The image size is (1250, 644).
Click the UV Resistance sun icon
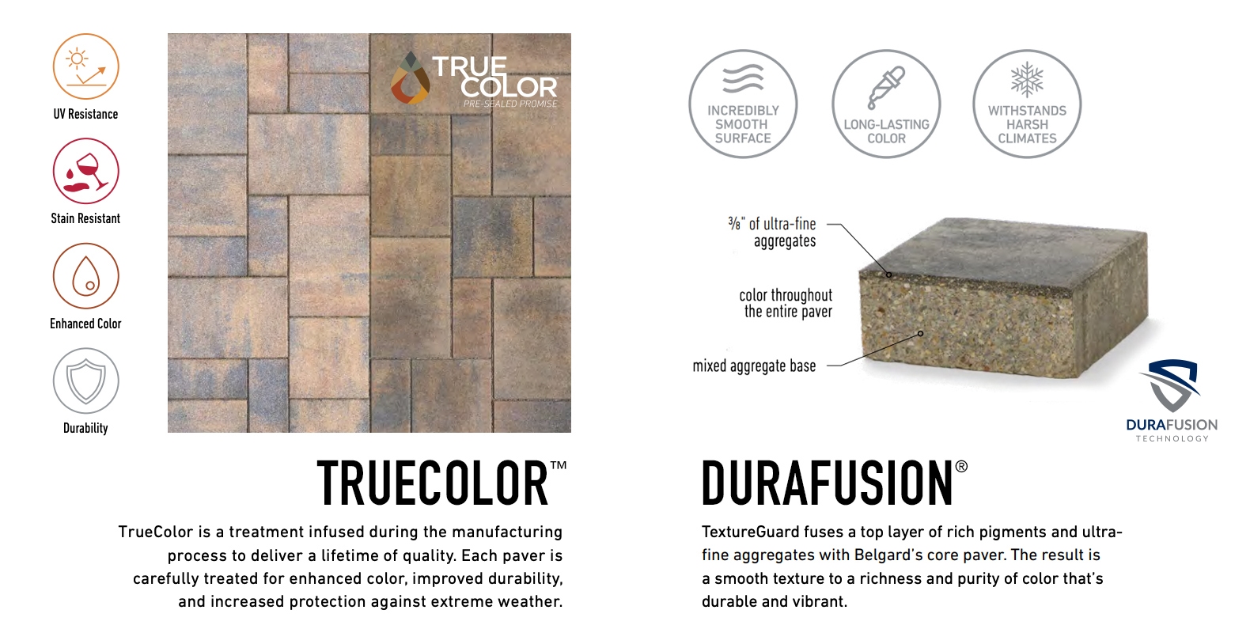(x=86, y=66)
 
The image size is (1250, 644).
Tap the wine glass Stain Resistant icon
(x=86, y=172)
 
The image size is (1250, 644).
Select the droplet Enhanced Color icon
(x=86, y=275)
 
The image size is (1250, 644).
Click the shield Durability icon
(x=86, y=381)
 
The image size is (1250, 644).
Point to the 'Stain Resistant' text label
(x=85, y=218)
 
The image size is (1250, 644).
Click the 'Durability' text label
(x=85, y=428)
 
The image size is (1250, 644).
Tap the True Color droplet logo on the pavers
(x=410, y=78)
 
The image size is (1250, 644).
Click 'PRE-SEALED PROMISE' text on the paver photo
(x=510, y=104)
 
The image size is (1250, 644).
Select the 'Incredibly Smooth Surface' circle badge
(x=743, y=104)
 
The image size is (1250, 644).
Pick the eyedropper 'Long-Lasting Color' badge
(x=886, y=104)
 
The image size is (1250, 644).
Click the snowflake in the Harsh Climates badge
(x=1027, y=80)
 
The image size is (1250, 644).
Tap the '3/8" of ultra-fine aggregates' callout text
(x=772, y=232)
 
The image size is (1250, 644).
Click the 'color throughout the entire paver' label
(x=786, y=303)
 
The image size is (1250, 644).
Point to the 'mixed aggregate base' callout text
(x=754, y=366)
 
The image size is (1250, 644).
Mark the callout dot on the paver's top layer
(x=889, y=275)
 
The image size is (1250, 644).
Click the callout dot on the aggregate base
(x=920, y=334)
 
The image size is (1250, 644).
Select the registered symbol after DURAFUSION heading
(x=961, y=467)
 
